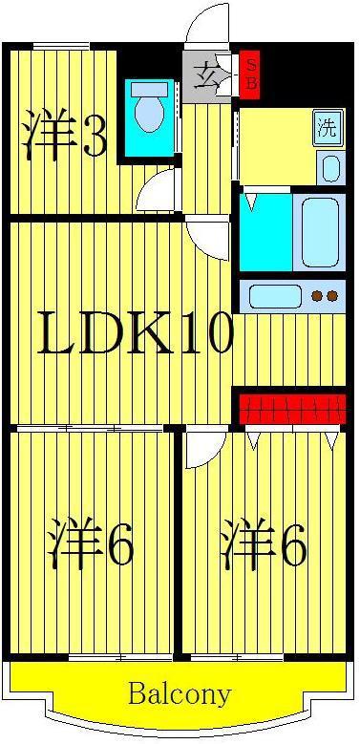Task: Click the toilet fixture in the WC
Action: (x=149, y=107)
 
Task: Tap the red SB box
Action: (x=249, y=74)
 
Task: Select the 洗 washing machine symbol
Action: (x=328, y=128)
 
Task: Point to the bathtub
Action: (x=320, y=232)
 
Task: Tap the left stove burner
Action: (x=316, y=297)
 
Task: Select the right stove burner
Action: (x=332, y=297)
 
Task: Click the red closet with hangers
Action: (x=291, y=408)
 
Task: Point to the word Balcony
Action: (x=180, y=694)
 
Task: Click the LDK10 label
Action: (x=137, y=332)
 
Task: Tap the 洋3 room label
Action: (x=65, y=133)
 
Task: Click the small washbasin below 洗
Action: (x=331, y=167)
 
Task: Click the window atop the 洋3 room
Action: (x=61, y=46)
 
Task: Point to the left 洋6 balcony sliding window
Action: (x=120, y=658)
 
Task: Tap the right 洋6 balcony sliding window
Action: (x=237, y=658)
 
